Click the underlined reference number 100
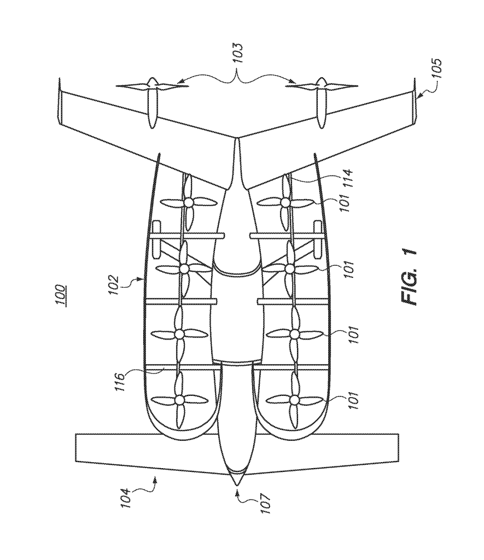60,294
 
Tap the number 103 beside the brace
237,53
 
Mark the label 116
121,382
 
